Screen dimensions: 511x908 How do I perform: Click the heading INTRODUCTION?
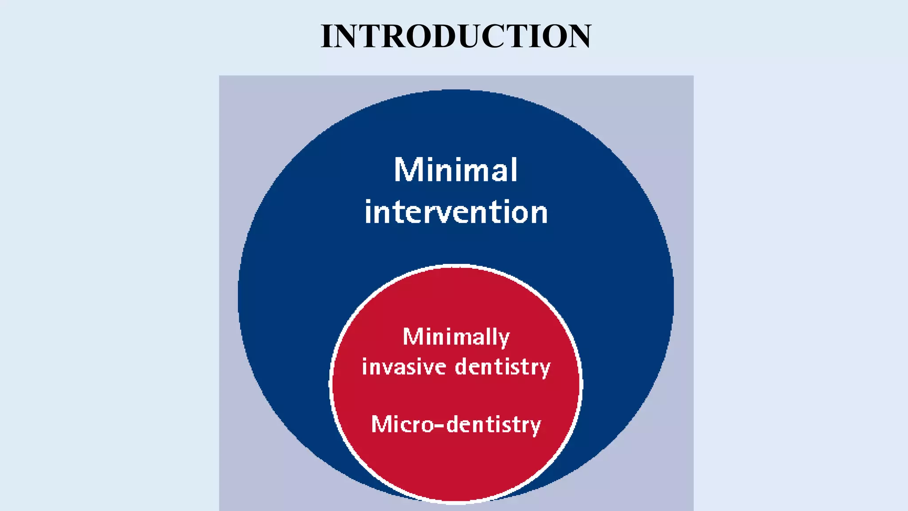coord(456,36)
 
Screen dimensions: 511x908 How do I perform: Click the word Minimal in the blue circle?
coord(456,170)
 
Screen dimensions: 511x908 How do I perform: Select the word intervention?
coord(456,212)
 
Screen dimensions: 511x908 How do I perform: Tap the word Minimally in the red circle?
coord(456,337)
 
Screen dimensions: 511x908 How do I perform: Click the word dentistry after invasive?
coord(503,367)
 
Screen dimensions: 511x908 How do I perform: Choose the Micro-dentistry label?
coord(456,425)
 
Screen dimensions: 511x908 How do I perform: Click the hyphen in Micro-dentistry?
coord(439,426)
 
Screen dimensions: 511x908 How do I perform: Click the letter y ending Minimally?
coord(504,339)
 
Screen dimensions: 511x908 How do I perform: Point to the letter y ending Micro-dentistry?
coord(535,427)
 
